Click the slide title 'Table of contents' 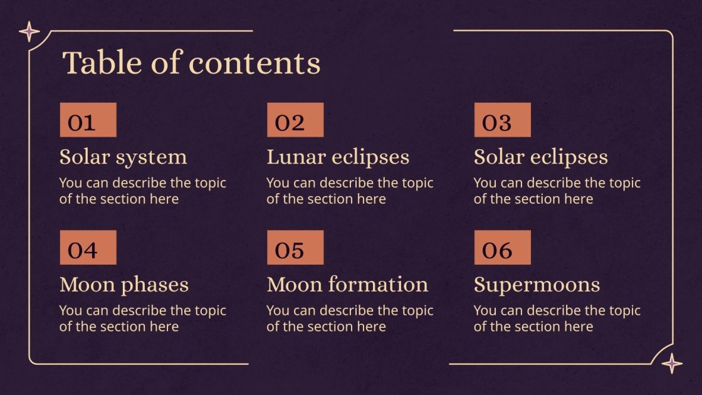(191, 63)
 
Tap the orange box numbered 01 (88, 120)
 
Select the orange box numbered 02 (295, 120)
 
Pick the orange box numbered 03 (502, 120)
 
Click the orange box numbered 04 (88, 248)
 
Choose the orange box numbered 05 (295, 248)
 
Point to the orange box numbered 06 (502, 248)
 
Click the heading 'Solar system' (123, 157)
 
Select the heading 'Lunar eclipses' (338, 157)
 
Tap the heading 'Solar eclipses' (540, 157)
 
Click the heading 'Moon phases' (123, 285)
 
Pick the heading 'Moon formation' (347, 285)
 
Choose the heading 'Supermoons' (537, 285)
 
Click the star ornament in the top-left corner (29, 31)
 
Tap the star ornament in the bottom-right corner (673, 363)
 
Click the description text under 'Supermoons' (557, 319)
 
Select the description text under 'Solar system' (142, 191)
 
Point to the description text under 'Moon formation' (350, 319)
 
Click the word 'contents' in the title (254, 63)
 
